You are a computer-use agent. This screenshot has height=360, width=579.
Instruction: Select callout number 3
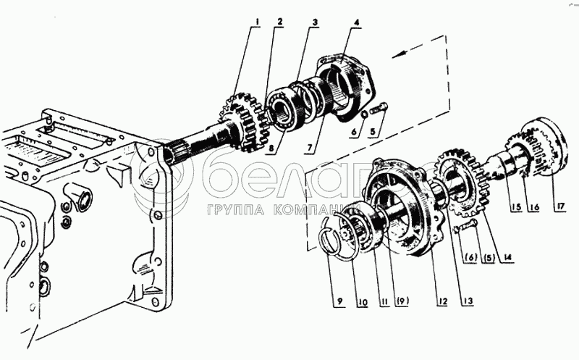pyautogui.click(x=313, y=22)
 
